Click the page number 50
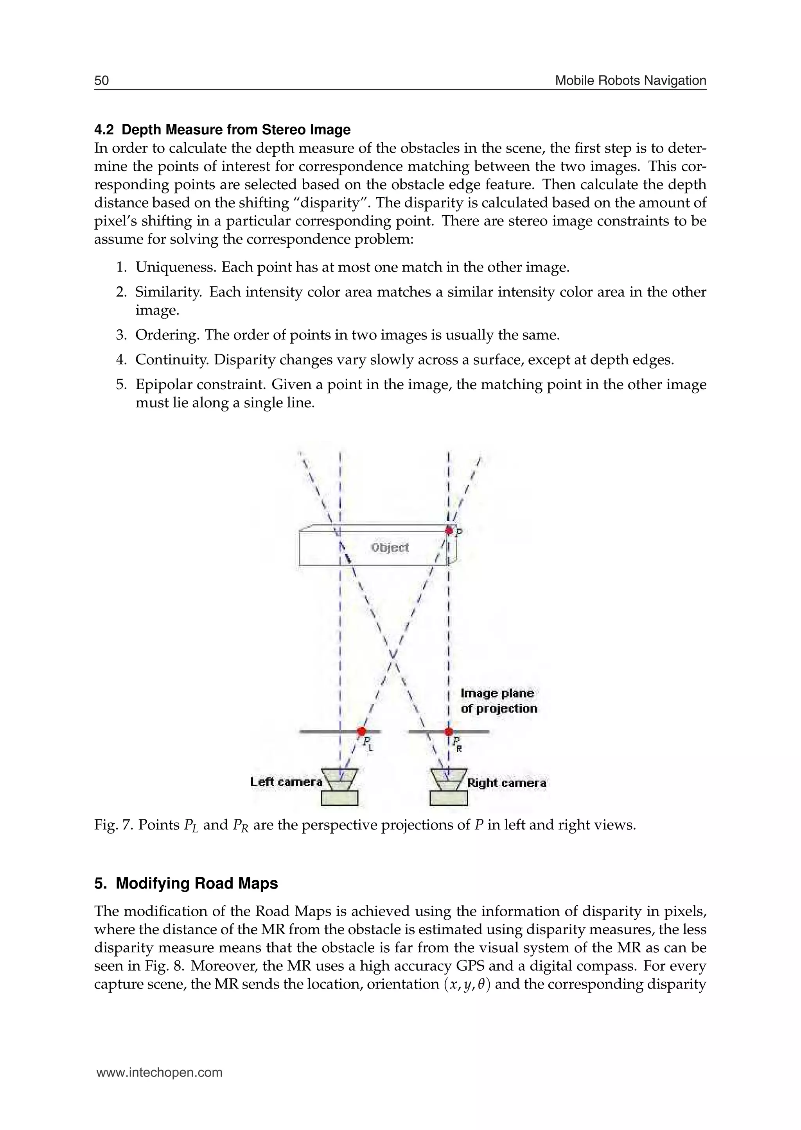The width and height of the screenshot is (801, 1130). (x=101, y=80)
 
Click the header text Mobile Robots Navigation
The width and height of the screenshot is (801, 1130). (x=630, y=80)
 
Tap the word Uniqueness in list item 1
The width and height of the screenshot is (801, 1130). (x=176, y=268)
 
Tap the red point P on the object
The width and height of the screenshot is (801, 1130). (x=449, y=531)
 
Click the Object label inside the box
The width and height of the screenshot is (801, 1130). (x=390, y=547)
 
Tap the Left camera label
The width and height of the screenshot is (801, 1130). (x=286, y=782)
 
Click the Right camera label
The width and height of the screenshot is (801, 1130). (x=506, y=783)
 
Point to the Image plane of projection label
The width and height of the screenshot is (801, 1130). (x=498, y=701)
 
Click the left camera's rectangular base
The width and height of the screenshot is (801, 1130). (x=339, y=798)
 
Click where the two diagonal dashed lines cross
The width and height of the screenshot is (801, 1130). (x=393, y=655)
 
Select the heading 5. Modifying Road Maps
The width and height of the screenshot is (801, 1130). (x=186, y=883)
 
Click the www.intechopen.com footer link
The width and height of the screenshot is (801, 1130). (x=159, y=1073)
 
